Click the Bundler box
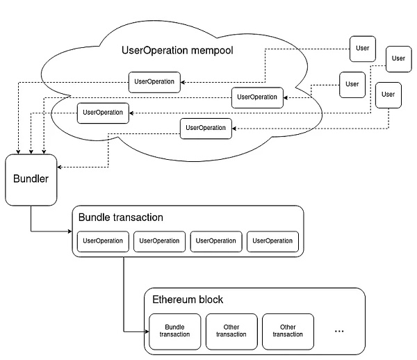point(31,180)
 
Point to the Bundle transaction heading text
point(121,218)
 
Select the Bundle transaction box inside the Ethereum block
point(174,331)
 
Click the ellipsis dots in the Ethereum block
point(340,331)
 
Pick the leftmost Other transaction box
point(231,331)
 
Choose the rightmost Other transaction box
point(288,331)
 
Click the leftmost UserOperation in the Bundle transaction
point(103,241)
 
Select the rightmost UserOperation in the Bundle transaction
point(272,241)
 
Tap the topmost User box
point(362,49)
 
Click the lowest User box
point(388,95)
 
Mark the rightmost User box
point(398,58)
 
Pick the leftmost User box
point(352,85)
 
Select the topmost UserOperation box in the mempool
point(154,81)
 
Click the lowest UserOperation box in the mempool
point(206,128)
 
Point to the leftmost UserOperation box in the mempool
point(103,112)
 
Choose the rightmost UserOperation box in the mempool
point(257,97)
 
